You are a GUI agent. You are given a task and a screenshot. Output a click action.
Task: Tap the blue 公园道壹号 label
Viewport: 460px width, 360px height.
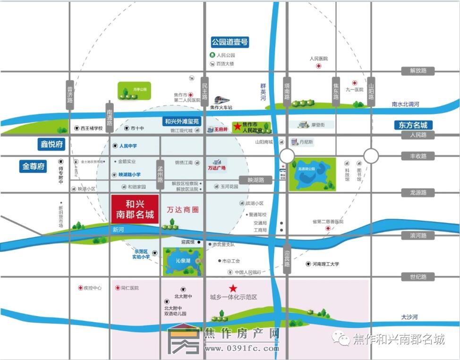click(x=230, y=43)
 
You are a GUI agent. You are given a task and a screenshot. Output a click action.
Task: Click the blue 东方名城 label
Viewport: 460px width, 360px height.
click(x=413, y=125)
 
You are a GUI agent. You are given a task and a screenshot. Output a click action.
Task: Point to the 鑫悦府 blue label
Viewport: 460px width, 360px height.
click(x=51, y=144)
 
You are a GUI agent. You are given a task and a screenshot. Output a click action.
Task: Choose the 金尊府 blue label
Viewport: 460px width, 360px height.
click(x=34, y=166)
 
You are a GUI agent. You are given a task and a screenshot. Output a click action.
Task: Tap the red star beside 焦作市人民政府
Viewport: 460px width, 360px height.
click(x=237, y=127)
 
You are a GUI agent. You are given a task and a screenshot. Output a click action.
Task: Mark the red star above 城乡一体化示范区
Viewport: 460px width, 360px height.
click(x=232, y=288)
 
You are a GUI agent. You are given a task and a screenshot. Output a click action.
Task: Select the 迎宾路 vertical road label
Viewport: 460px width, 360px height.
click(x=287, y=258)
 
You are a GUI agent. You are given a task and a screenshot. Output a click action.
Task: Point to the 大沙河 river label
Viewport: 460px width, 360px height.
click(x=409, y=317)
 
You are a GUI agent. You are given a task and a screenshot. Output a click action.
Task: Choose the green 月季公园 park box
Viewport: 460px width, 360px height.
click(x=135, y=90)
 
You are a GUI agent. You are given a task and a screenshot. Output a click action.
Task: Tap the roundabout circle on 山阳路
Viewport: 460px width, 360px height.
click(x=371, y=155)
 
